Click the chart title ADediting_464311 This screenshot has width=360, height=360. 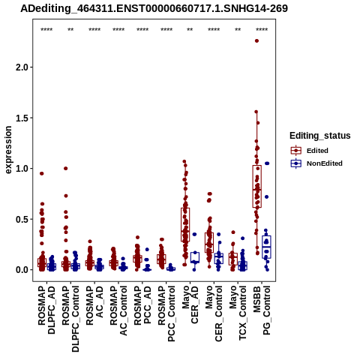(x=154, y=8)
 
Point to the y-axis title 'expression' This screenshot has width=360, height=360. (x=8, y=150)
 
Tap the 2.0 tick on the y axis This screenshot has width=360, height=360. (x=22, y=67)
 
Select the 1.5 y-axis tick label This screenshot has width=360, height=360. (x=22, y=118)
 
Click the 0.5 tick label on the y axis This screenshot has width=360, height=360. (x=22, y=219)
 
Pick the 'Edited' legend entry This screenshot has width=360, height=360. (x=317, y=151)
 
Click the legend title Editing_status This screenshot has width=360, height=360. (x=320, y=136)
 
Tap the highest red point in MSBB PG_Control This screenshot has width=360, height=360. (x=256, y=40)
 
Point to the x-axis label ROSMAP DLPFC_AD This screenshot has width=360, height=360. (x=46, y=310)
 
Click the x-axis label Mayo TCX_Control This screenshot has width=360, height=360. (x=238, y=313)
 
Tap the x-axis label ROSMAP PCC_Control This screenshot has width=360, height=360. (x=166, y=313)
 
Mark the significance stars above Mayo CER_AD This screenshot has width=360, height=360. (x=190, y=30)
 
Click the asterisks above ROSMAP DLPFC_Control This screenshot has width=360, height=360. (x=70, y=30)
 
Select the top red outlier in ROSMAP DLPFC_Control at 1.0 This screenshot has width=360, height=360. (x=66, y=168)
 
